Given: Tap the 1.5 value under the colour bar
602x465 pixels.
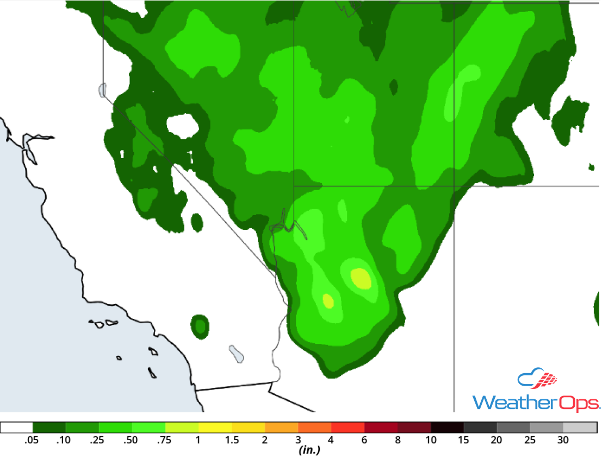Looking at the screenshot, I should pyautogui.click(x=232, y=441).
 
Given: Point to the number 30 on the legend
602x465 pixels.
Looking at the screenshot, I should pyautogui.click(x=563, y=441).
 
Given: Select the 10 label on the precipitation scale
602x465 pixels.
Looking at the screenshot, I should pyautogui.click(x=431, y=441).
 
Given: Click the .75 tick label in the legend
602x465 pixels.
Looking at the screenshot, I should pyautogui.click(x=164, y=441).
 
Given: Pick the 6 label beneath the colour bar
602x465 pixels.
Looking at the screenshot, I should pyautogui.click(x=364, y=441).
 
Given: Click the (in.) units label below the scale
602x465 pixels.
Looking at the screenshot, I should pyautogui.click(x=308, y=450).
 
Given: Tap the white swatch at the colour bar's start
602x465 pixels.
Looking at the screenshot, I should pyautogui.click(x=17, y=428).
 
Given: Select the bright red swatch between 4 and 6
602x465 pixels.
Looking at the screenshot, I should pyautogui.click(x=348, y=428).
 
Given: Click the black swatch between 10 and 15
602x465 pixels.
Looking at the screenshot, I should pyautogui.click(x=447, y=428).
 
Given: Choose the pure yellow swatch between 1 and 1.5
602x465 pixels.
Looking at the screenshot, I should pyautogui.click(x=215, y=428).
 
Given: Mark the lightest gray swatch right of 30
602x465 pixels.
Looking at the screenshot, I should pyautogui.click(x=580, y=428).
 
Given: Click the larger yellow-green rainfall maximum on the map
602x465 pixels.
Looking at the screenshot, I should pyautogui.click(x=361, y=278).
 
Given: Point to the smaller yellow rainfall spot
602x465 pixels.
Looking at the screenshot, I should pyautogui.click(x=327, y=300).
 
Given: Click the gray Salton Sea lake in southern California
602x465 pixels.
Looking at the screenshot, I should pyautogui.click(x=237, y=354).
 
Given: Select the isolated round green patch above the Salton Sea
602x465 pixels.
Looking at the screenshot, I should pyautogui.click(x=200, y=326).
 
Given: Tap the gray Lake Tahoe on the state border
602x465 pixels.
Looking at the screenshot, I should pyautogui.click(x=103, y=90).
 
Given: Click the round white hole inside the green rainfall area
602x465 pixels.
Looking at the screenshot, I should pyautogui.click(x=183, y=125).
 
